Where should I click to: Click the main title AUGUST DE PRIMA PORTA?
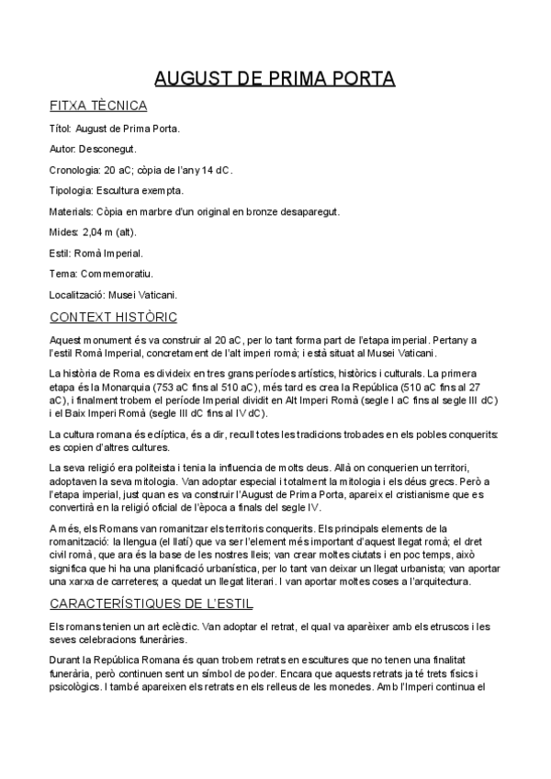point(275,78)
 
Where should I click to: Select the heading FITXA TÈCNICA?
point(97,106)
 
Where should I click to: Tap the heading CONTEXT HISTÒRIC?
point(113,318)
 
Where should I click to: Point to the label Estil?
point(61,253)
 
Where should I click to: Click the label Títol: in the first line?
point(61,128)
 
